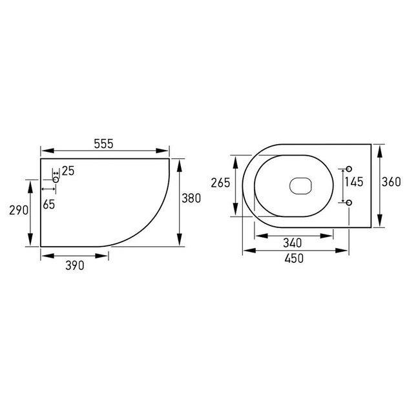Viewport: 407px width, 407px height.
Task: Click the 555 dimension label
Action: [103, 144]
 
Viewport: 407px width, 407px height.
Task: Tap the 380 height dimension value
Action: [191, 198]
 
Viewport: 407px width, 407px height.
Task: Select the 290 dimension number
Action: [19, 210]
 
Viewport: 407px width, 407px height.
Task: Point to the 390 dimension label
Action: [75, 266]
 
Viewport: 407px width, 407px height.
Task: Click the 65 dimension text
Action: [49, 205]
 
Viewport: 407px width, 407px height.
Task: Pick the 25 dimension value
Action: [68, 171]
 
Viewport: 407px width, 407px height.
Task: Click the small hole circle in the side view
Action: [56, 180]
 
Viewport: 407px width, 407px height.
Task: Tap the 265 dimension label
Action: [220, 183]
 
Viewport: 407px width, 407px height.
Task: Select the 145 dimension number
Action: [354, 182]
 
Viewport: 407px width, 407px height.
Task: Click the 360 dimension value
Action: [391, 182]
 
